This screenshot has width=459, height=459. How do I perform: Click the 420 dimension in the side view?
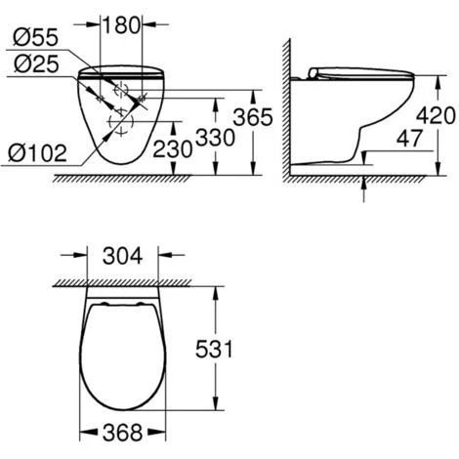(434, 115)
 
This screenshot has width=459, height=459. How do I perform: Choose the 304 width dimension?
(121, 258)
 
